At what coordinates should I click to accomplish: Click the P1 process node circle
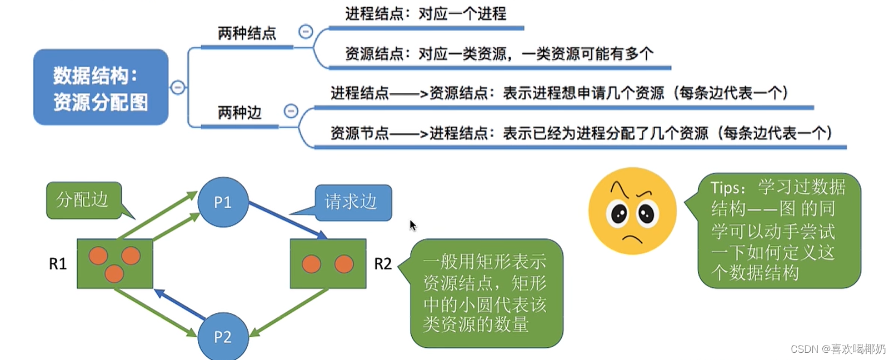pyautogui.click(x=223, y=202)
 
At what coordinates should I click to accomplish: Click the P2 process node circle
pyautogui.click(x=223, y=336)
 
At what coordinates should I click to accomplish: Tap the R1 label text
pyautogui.click(x=58, y=264)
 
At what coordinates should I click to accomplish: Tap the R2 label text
pyautogui.click(x=383, y=264)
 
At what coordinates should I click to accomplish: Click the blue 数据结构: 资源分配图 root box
pyautogui.click(x=101, y=88)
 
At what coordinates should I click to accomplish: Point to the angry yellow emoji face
pyautogui.click(x=632, y=211)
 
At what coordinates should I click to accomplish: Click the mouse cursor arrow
pyautogui.click(x=412, y=225)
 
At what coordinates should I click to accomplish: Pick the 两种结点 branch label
pyautogui.click(x=247, y=34)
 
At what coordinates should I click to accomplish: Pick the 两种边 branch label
pyautogui.click(x=239, y=113)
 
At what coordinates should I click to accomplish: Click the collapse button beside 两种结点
pyautogui.click(x=306, y=32)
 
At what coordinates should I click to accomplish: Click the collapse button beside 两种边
pyautogui.click(x=291, y=111)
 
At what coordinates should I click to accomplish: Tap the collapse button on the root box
pyautogui.click(x=178, y=87)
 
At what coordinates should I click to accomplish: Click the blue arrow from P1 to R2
pyautogui.click(x=286, y=221)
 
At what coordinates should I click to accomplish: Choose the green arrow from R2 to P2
pyautogui.click(x=289, y=312)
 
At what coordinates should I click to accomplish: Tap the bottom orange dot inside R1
pyautogui.click(x=114, y=273)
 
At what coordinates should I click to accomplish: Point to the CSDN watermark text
pyautogui.click(x=837, y=349)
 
